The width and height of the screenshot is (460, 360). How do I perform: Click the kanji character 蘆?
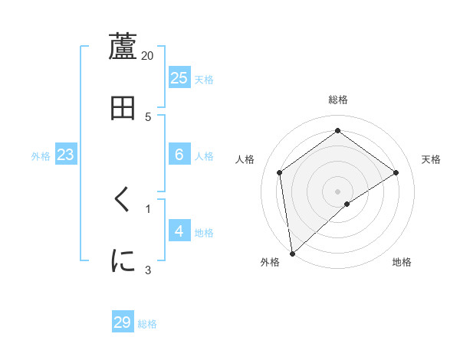click(123, 46)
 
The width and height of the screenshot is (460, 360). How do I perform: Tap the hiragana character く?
click(123, 200)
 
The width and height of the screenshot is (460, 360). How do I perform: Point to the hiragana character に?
click(123, 260)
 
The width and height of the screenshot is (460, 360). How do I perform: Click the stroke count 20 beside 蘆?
click(148, 56)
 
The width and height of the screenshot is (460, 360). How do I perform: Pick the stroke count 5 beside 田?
click(148, 117)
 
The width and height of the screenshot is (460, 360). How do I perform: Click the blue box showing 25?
click(179, 78)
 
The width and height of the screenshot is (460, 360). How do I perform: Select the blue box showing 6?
click(179, 155)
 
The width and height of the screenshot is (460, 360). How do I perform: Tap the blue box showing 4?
click(179, 231)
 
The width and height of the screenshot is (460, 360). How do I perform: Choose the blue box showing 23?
click(66, 155)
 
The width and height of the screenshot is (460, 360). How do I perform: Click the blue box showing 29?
click(123, 322)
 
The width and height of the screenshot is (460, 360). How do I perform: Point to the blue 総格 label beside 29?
click(147, 324)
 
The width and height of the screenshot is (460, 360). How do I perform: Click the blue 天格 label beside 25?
click(204, 80)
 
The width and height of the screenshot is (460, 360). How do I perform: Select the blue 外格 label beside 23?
click(41, 156)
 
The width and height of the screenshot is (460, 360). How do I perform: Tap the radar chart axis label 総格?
click(338, 100)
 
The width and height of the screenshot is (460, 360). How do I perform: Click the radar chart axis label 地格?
click(402, 263)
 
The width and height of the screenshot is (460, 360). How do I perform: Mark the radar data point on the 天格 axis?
click(396, 172)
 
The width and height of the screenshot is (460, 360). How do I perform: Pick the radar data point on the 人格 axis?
click(280, 172)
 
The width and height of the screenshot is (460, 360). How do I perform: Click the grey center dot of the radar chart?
click(338, 191)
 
